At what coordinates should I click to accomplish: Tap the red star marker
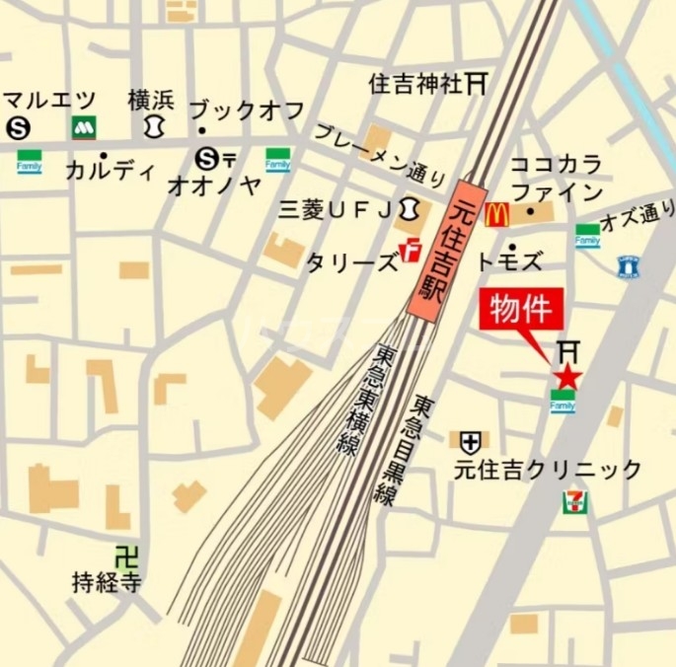click(x=566, y=376)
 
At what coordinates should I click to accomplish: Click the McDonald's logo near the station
click(x=496, y=213)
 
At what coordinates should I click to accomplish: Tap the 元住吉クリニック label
click(x=548, y=470)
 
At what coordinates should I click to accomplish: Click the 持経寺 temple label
click(x=107, y=582)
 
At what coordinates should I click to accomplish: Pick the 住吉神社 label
click(x=414, y=84)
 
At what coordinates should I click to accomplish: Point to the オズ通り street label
click(x=639, y=215)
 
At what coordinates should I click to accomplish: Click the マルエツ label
click(x=48, y=100)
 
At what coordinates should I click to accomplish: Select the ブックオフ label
click(x=246, y=111)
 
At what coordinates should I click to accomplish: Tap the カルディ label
click(x=110, y=171)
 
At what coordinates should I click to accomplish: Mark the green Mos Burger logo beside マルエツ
click(x=82, y=127)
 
